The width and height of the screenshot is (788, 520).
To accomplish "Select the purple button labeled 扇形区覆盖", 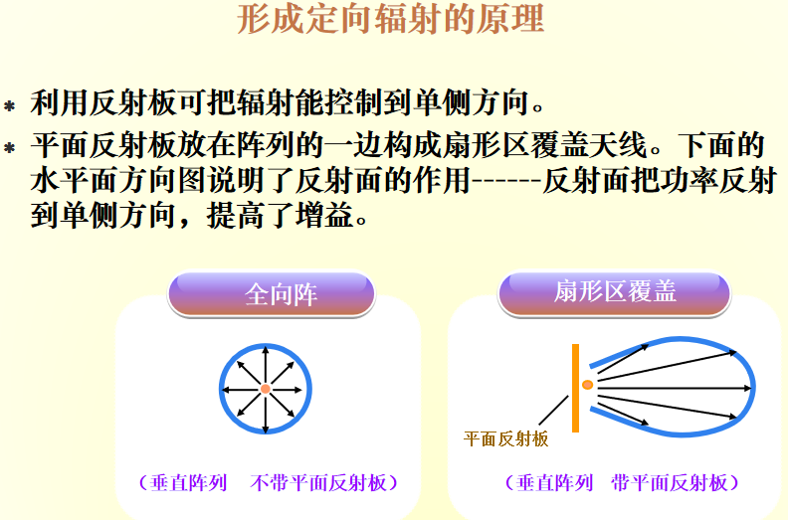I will (614, 291).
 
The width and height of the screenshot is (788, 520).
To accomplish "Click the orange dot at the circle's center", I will (266, 390).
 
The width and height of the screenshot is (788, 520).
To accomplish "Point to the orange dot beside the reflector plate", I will (587, 384).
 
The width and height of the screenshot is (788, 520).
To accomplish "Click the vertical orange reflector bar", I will (575, 388).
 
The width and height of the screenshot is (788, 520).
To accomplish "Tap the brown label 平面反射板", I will (506, 437).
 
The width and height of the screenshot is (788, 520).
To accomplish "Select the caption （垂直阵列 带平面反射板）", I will (622, 483).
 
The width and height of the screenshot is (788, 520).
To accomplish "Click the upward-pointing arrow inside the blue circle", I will (266, 363).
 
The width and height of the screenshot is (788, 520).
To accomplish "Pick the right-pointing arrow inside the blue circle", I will (294, 390).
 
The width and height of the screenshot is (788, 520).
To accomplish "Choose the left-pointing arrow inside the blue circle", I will (238, 390).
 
